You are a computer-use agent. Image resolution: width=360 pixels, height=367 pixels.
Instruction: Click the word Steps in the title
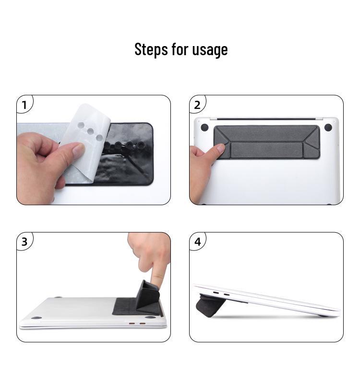[151, 49]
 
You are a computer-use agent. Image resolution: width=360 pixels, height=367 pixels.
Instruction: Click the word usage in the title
[210, 50]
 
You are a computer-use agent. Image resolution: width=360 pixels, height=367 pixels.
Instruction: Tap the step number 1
[24, 105]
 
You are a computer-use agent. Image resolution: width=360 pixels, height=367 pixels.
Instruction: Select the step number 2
[197, 105]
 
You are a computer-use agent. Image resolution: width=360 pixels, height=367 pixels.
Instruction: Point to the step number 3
[24, 242]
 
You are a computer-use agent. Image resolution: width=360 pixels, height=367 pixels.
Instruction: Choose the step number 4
[197, 242]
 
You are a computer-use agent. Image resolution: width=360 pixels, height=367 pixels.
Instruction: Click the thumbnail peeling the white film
[78, 149]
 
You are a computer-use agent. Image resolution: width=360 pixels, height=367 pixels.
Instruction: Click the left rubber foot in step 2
[204, 127]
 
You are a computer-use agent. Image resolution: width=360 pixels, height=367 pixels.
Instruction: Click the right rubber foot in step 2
[328, 128]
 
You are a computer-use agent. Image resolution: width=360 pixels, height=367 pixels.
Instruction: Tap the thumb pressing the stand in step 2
[218, 150]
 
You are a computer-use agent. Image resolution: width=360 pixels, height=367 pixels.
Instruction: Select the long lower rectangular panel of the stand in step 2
[267, 150]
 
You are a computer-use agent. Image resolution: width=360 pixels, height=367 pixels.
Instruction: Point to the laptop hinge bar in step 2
[266, 119]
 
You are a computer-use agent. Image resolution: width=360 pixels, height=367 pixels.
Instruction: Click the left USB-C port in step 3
[132, 324]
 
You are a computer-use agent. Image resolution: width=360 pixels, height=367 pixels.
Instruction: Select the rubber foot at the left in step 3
[36, 318]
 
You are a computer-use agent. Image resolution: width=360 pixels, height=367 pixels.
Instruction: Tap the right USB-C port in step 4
[227, 295]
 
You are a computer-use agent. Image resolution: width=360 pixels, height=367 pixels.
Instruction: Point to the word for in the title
[180, 49]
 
